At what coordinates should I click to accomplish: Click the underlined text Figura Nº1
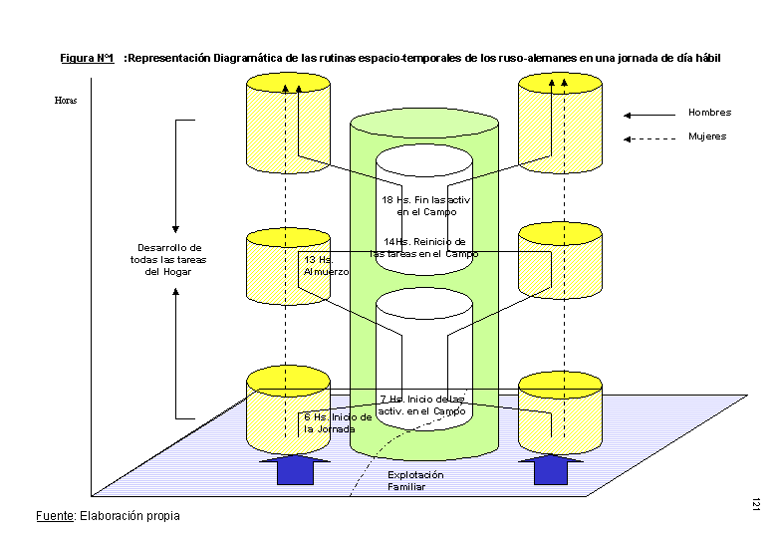[x=87, y=59]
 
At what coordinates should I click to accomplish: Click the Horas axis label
[x=66, y=101]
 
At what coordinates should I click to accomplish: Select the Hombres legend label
[x=708, y=113]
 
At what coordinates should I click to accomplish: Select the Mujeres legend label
[x=707, y=136]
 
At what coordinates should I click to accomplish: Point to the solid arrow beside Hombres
[x=647, y=114]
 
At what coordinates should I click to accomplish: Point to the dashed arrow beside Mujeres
[x=647, y=137]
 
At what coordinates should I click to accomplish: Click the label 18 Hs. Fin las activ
[x=425, y=205]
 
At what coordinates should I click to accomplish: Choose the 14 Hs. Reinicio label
[x=424, y=247]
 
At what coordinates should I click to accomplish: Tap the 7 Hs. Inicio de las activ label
[x=422, y=404]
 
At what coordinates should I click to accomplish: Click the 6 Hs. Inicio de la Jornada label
[x=338, y=422]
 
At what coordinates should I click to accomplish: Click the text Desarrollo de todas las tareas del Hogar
[x=168, y=259]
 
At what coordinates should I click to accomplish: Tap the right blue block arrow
[x=550, y=469]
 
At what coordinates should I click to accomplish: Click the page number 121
[x=757, y=506]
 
